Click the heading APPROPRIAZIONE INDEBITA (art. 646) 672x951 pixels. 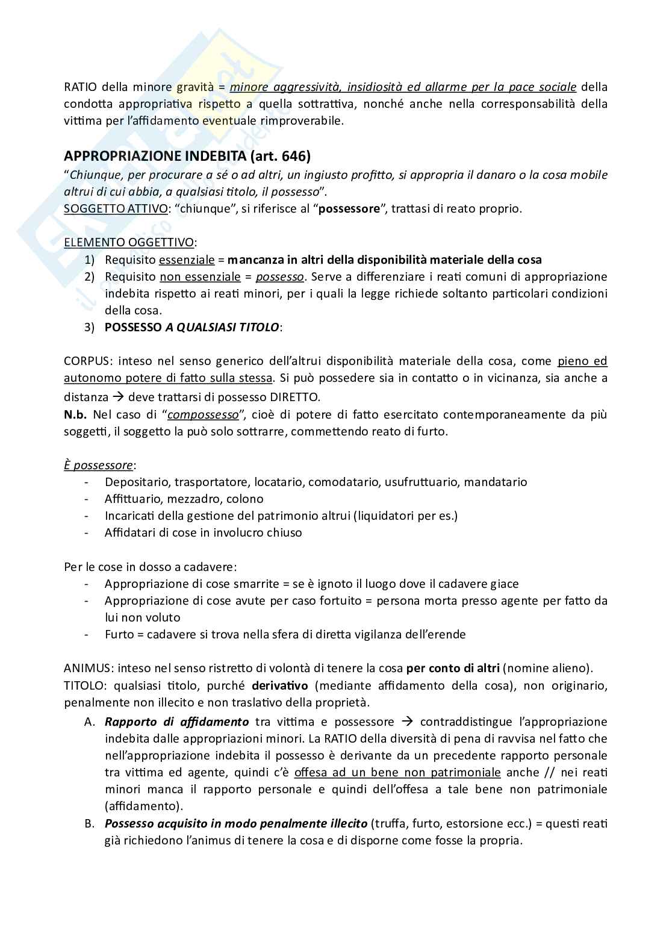click(x=187, y=157)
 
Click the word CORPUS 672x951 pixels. click(x=87, y=361)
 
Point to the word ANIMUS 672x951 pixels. click(x=88, y=668)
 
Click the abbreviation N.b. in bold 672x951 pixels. click(x=76, y=415)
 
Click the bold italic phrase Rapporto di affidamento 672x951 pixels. click(x=176, y=722)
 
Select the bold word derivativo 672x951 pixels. click(x=279, y=685)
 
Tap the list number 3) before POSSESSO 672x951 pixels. click(x=90, y=328)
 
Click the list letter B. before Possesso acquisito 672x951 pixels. click(x=90, y=823)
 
